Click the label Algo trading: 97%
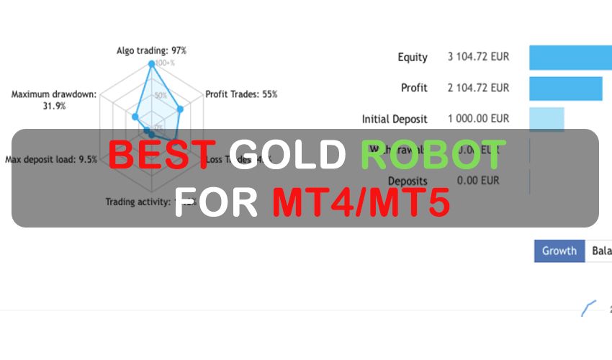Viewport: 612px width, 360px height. coord(151,50)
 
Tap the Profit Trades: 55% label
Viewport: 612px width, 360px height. coord(241,94)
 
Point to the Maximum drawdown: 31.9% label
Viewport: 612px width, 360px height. coord(49,99)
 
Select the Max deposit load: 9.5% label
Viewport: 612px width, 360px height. coord(51,159)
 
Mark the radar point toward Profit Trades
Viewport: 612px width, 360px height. coord(181,110)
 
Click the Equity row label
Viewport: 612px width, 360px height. coord(413,57)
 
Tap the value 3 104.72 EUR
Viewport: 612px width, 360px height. coord(478,57)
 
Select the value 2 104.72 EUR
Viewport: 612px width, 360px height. coord(478,88)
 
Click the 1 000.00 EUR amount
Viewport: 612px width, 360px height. coord(478,119)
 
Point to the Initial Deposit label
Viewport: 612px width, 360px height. coord(395,119)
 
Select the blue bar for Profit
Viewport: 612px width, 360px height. coord(566,88)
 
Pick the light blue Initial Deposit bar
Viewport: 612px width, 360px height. coord(546,119)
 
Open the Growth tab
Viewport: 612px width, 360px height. coord(559,251)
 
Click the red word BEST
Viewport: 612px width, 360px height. coord(161,155)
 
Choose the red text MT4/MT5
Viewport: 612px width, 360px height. coord(361,202)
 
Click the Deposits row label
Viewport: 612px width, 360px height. coord(408,181)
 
